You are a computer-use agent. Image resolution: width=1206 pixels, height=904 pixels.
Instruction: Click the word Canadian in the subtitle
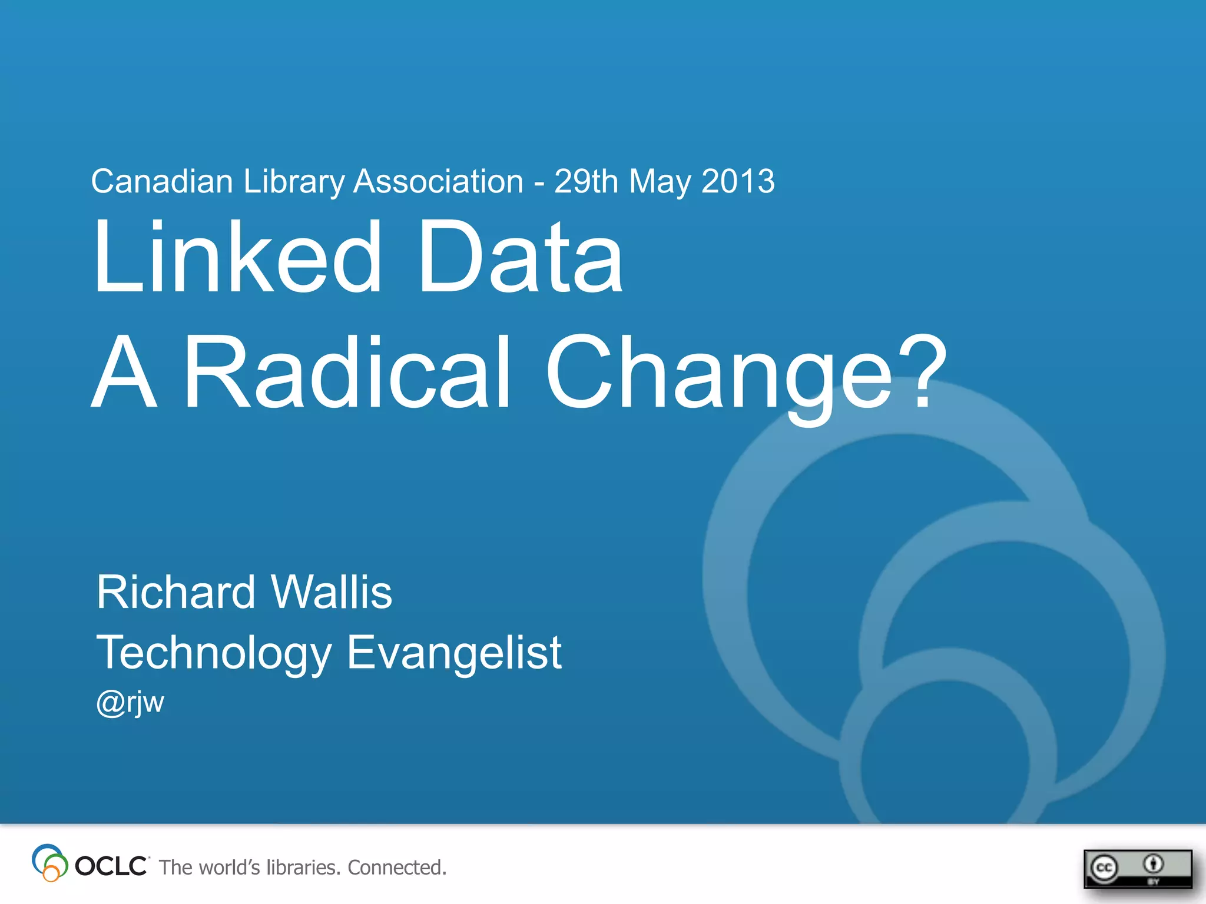pyautogui.click(x=162, y=181)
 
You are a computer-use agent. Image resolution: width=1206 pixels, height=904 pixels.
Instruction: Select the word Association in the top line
pyautogui.click(x=438, y=181)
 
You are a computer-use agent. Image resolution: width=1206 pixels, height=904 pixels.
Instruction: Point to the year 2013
pyautogui.click(x=738, y=181)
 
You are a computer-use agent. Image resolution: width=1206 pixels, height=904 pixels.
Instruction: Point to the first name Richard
pyautogui.click(x=175, y=592)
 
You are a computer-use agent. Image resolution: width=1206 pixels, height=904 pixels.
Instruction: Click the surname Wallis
pyautogui.click(x=332, y=592)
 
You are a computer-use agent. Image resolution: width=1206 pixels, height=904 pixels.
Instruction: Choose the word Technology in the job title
pyautogui.click(x=214, y=653)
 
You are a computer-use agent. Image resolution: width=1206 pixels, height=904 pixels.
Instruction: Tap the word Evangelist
pyautogui.click(x=454, y=653)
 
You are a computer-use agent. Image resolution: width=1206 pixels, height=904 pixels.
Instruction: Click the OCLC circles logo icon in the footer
pyautogui.click(x=49, y=863)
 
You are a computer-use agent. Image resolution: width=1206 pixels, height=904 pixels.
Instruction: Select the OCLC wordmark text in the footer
pyautogui.click(x=111, y=866)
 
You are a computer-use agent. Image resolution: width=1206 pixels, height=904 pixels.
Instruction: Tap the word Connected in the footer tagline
pyautogui.click(x=396, y=868)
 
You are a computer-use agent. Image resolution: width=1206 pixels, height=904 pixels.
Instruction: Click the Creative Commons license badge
pyautogui.click(x=1137, y=868)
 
